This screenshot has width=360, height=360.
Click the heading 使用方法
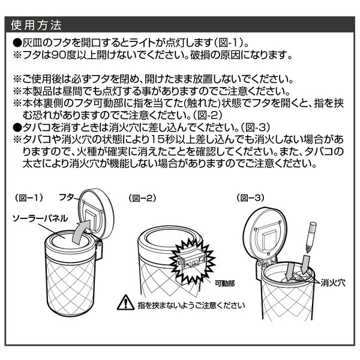click(36, 25)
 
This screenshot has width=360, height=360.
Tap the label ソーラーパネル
click(40, 218)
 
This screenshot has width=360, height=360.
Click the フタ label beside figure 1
click(67, 197)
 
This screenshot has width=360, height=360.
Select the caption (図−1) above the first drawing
click(29, 197)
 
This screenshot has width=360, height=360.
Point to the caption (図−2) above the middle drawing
click(142, 198)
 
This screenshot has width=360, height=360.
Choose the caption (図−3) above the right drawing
click(250, 197)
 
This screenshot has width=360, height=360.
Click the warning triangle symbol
click(125, 302)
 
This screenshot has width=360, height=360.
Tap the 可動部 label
click(225, 284)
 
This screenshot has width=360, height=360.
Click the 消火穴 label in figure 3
click(333, 283)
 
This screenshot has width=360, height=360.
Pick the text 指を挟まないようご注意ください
click(191, 305)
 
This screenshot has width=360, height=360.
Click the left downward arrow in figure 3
click(290, 271)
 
